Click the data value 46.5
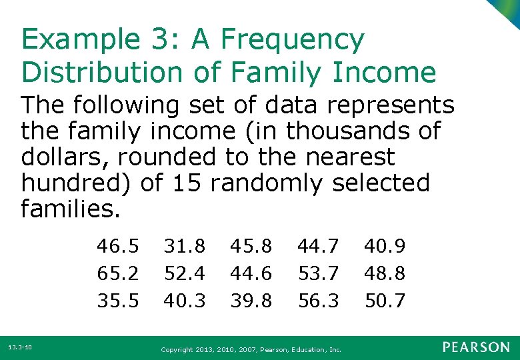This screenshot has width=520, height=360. click(118, 247)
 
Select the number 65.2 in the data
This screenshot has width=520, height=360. click(118, 273)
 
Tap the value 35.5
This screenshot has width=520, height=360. click(118, 301)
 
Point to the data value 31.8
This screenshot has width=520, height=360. click(185, 247)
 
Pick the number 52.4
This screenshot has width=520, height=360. click(185, 273)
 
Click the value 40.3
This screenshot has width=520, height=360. click(185, 301)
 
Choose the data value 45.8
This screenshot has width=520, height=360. click(251, 247)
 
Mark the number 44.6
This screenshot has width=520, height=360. click(251, 273)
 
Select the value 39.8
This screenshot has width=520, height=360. click(251, 301)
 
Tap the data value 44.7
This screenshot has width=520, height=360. click(318, 247)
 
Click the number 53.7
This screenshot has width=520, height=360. click(318, 273)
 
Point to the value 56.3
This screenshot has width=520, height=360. click(318, 301)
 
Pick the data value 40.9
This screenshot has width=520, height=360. click(385, 247)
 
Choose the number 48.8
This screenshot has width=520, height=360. click(385, 273)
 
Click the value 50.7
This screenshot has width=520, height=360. click(385, 301)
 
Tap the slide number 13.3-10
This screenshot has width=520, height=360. click(20, 347)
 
